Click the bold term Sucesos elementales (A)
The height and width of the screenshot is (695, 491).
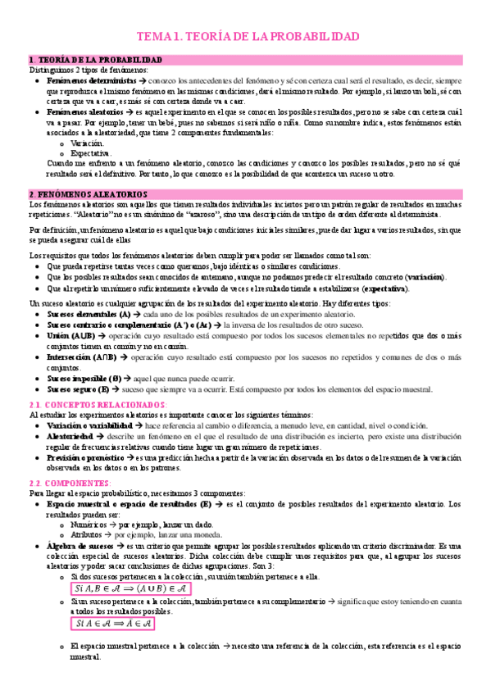coord(89,314)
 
